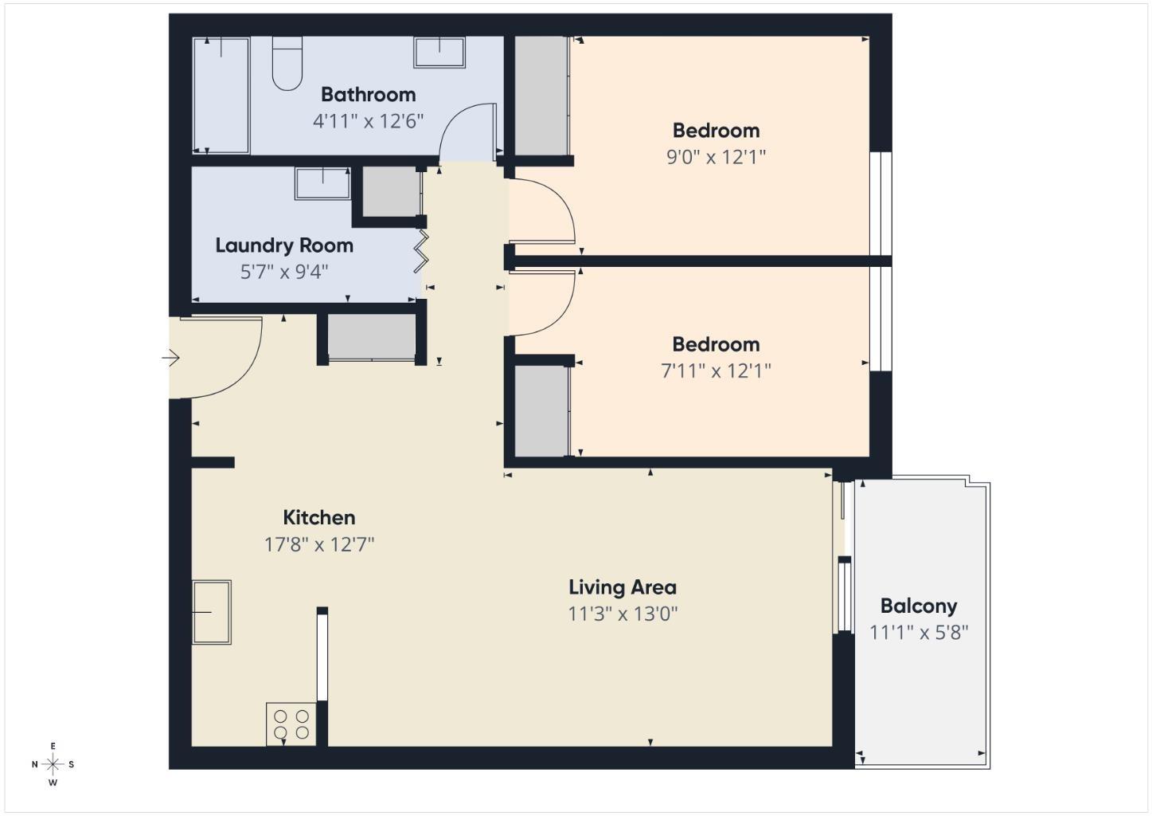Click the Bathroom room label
tap(368, 94)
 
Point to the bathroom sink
tap(438, 52)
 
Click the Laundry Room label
tap(284, 245)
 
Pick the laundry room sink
tap(322, 183)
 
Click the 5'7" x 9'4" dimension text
tap(284, 272)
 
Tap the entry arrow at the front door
tap(171, 358)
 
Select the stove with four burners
tap(291, 724)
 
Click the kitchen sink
tap(212, 612)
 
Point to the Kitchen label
tap(319, 517)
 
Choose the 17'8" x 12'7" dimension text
tap(319, 544)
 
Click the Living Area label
tap(623, 587)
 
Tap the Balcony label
tap(918, 606)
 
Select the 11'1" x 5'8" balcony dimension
tap(919, 633)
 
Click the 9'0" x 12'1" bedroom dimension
tap(716, 156)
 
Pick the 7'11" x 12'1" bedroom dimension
tap(716, 371)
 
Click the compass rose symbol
tap(53, 765)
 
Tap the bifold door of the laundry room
tap(422, 250)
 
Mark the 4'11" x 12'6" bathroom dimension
tap(368, 121)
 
